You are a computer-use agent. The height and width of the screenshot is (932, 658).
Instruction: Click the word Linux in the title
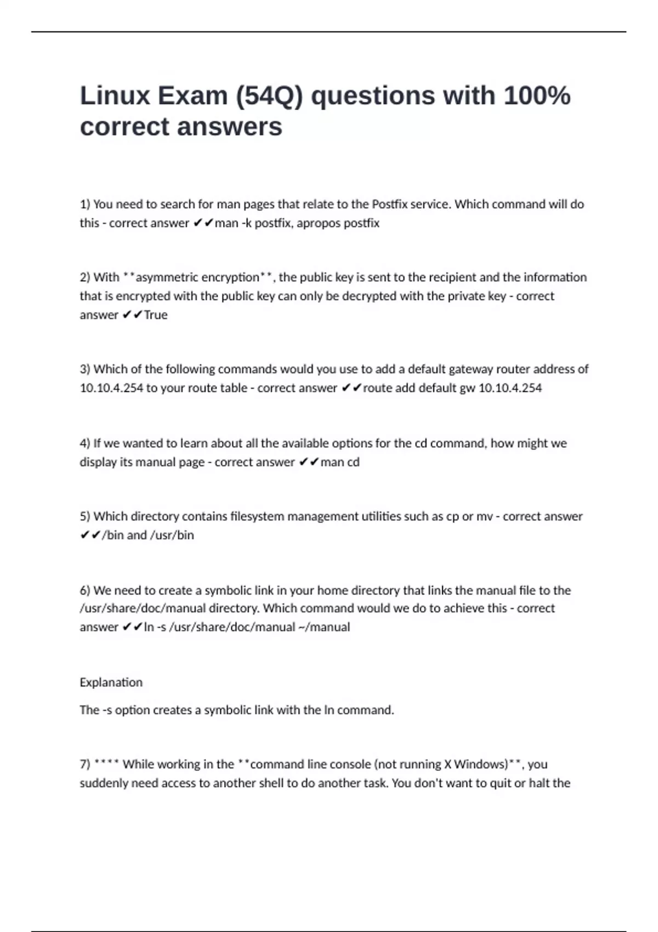(x=115, y=96)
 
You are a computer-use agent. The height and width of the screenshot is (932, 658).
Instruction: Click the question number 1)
(x=85, y=204)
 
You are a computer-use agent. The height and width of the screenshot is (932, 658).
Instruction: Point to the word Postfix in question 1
(x=389, y=204)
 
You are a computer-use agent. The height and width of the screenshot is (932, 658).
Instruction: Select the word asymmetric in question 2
(x=169, y=277)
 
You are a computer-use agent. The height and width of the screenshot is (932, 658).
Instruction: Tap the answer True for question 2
(x=156, y=315)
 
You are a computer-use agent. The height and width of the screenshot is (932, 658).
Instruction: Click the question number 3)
(x=85, y=369)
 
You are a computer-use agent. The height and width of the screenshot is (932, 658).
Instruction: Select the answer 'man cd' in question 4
(x=340, y=462)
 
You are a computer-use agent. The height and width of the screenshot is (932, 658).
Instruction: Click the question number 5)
(x=85, y=516)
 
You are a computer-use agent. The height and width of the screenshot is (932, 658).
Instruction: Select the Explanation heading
(x=111, y=683)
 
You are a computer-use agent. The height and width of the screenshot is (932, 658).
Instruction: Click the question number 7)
(x=85, y=764)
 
